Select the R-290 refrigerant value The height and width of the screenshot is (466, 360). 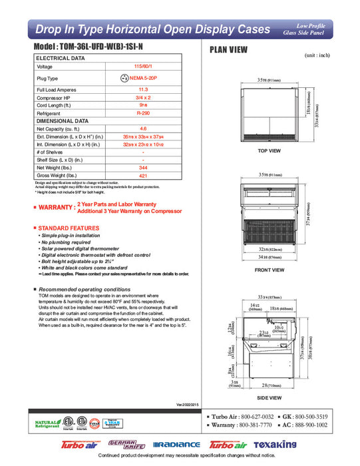tap(142, 113)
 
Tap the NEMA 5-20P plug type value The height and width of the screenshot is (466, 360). tap(147, 78)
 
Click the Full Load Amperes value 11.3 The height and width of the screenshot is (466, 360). tap(142, 89)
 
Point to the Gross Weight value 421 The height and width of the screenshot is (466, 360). tap(142, 176)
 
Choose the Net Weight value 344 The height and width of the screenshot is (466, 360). tap(142, 168)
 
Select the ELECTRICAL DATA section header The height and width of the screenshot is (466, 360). tap(61, 59)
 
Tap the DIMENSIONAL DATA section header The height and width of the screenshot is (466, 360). tap(63, 120)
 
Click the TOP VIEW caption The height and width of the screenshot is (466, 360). tap(270, 150)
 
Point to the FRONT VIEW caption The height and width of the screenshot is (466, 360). tap(270, 270)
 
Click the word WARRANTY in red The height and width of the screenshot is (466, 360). tap(56, 208)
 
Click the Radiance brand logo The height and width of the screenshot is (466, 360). tap(176, 445)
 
